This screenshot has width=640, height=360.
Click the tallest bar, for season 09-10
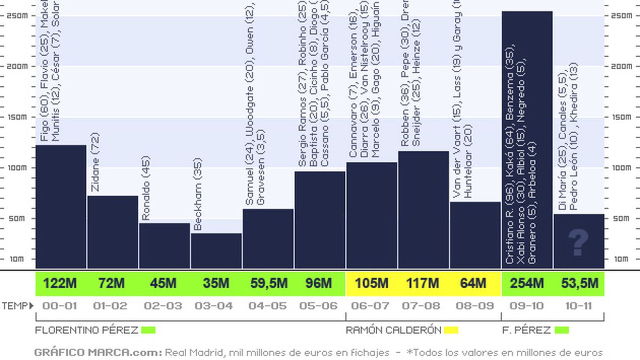(x=527, y=141)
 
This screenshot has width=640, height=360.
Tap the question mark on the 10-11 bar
(x=578, y=243)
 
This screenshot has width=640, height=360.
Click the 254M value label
(x=527, y=283)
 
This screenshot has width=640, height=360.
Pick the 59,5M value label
(x=269, y=283)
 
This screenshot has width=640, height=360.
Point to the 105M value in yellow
(x=371, y=283)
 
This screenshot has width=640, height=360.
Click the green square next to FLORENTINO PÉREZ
(x=148, y=330)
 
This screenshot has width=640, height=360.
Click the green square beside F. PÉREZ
(x=561, y=330)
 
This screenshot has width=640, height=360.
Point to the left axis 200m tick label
(x=17, y=66)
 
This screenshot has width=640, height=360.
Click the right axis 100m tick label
(x=622, y=168)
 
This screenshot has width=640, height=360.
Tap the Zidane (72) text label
(x=96, y=162)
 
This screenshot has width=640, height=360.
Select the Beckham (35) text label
(x=198, y=194)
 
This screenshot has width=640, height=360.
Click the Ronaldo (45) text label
(x=146, y=188)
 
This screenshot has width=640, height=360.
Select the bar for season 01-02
(x=112, y=232)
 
